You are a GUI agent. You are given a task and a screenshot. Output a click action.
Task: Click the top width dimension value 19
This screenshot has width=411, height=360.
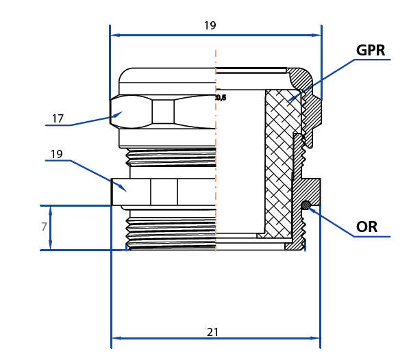[x=210, y=25]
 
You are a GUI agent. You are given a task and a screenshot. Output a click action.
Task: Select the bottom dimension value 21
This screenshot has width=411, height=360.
[x=213, y=332]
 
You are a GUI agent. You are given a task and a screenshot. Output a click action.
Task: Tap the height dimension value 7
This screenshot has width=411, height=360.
[x=45, y=227]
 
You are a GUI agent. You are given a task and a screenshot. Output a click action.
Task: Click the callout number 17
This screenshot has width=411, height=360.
[x=58, y=118]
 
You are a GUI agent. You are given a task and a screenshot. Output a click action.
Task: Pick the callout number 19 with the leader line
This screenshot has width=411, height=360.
[x=56, y=154]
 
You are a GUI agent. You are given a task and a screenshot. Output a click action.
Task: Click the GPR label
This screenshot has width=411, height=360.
[x=371, y=51]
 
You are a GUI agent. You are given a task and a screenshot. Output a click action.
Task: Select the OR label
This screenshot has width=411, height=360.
[x=366, y=227]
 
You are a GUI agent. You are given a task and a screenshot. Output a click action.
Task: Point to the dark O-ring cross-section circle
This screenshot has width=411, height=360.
[x=306, y=205]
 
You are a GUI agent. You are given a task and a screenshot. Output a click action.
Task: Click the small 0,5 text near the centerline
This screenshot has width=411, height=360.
[x=221, y=98]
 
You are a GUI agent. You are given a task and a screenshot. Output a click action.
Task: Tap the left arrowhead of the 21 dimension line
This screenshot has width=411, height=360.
[x=114, y=338]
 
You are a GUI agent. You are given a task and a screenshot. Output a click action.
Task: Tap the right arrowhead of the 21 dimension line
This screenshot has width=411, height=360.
[x=316, y=338]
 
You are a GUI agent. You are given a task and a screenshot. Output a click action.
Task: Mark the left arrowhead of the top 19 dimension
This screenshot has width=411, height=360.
[x=114, y=34]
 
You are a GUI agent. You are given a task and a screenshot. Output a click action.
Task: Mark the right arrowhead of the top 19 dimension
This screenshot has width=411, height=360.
[x=317, y=34]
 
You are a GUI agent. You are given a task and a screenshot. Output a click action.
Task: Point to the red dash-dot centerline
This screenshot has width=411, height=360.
[x=216, y=171]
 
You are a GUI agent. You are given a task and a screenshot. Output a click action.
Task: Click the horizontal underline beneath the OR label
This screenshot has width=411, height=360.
[x=373, y=237]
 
